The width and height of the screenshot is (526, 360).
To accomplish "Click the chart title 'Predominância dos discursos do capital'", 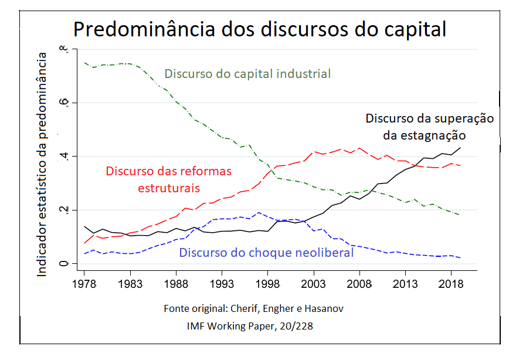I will click(259, 29).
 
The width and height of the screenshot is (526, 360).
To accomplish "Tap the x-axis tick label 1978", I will click(84, 283).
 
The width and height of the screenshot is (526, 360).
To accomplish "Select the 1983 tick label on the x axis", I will click(130, 283).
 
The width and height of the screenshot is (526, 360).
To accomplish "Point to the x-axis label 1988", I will click(176, 283).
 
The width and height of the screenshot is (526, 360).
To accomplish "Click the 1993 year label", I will click(222, 283).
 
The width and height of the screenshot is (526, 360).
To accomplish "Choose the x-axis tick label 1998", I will click(267, 283).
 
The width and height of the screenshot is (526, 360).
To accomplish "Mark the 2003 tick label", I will click(313, 283).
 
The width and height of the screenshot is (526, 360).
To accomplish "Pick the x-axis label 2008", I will click(359, 283).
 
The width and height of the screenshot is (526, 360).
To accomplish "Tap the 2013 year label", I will click(405, 283).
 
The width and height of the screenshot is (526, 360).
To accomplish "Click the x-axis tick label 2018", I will click(450, 283).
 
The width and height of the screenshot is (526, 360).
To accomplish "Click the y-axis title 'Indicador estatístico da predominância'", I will click(42, 164).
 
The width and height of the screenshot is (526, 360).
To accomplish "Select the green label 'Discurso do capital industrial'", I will click(247, 74).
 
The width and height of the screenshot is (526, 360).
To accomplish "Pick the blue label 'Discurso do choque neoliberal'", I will click(266, 253).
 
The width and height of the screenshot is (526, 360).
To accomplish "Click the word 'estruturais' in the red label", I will click(169, 188).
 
